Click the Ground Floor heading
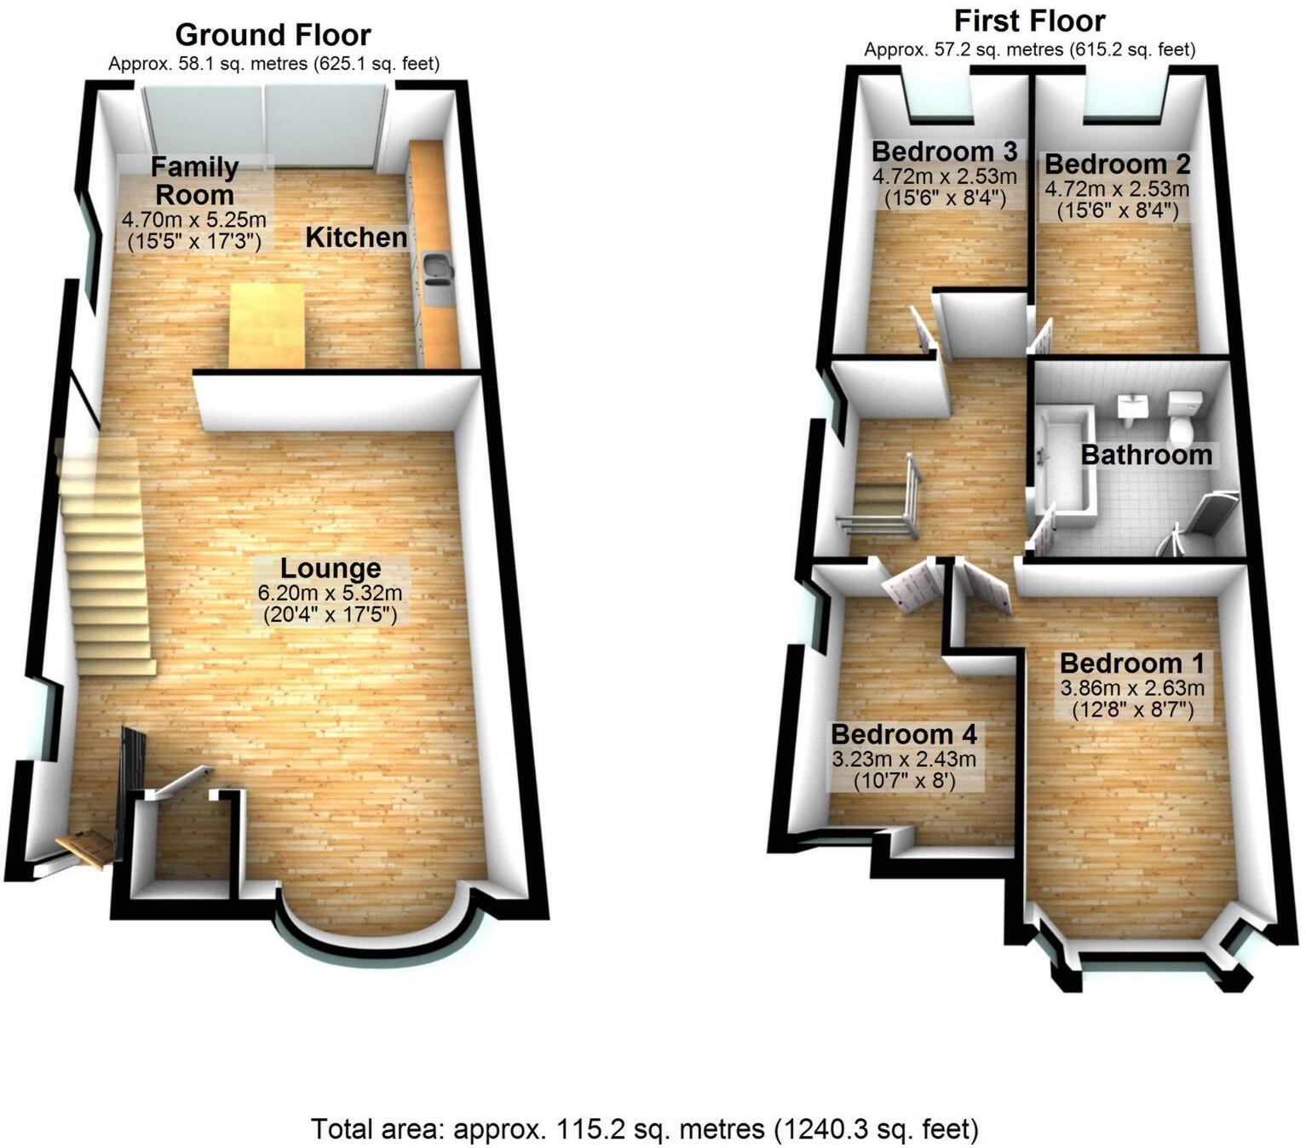point(273,35)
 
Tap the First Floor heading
point(1029,20)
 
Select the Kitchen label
point(356,238)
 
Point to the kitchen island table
point(268,325)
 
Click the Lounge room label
point(331,568)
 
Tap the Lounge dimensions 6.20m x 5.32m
point(331,593)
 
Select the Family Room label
point(194,180)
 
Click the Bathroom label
point(1146,455)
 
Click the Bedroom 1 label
point(1131,663)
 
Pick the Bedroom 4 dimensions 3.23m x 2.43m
point(904,759)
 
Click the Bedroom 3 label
point(944,152)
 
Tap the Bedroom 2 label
point(1118,164)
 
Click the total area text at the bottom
point(645,1129)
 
